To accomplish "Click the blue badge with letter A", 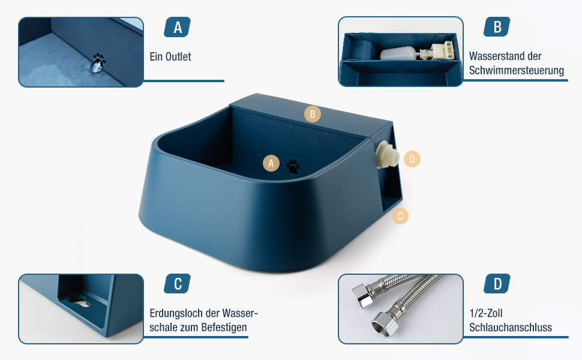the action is (x=178, y=27).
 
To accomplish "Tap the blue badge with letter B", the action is (x=497, y=27).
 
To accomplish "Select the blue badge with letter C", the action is (x=178, y=284).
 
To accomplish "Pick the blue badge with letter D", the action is (x=497, y=284).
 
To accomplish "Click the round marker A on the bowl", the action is (x=271, y=163).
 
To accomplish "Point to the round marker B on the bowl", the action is (x=313, y=114).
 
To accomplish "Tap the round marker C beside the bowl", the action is (x=400, y=216).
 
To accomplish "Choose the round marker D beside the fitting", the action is (x=412, y=159).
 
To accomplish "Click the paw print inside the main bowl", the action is (x=293, y=167).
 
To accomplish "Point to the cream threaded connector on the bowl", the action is (x=386, y=155).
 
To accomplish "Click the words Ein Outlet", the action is (x=170, y=57).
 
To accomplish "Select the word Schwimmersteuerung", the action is (x=517, y=70).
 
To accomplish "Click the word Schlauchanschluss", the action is (x=511, y=328).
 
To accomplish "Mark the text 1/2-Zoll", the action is (x=486, y=313).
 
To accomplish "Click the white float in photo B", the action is (x=398, y=53).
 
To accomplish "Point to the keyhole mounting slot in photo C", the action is (x=79, y=301).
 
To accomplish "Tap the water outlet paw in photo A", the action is (x=98, y=62).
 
